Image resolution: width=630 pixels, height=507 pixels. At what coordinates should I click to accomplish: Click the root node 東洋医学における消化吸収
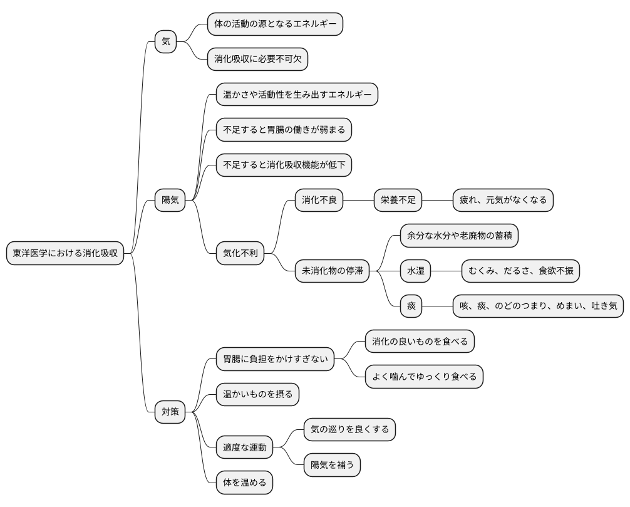[x=65, y=254]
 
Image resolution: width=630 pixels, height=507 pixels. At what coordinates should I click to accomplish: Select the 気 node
[x=166, y=42]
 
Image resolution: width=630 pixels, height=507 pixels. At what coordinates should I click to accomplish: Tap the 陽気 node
[x=170, y=201]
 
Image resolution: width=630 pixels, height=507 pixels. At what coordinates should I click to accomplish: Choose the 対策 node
[x=170, y=412]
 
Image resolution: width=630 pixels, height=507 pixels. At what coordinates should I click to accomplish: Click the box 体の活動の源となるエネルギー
[x=276, y=24]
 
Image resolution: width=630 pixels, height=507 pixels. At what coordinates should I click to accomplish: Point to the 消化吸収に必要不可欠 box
[x=258, y=60]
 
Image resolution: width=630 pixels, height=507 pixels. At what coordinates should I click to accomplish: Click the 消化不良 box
[x=319, y=201]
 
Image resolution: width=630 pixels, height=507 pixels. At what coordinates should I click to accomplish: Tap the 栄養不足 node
[x=398, y=201]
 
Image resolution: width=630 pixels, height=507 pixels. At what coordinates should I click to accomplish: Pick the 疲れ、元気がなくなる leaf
[x=503, y=201]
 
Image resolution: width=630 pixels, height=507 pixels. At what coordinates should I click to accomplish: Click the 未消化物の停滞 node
[x=333, y=271]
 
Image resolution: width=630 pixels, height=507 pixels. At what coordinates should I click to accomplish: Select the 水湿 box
[x=416, y=271]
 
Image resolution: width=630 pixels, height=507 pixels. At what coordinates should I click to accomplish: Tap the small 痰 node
[x=411, y=306]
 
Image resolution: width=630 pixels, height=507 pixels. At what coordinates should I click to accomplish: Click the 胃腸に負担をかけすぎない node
[x=275, y=359]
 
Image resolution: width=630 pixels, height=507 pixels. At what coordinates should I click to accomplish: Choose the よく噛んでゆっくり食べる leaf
[x=424, y=377]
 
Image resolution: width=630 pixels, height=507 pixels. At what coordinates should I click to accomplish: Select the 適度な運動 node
[x=245, y=447]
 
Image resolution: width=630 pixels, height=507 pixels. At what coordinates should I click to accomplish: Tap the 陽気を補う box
[x=332, y=465]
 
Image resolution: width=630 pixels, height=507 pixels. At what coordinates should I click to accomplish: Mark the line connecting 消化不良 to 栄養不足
[x=359, y=201]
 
